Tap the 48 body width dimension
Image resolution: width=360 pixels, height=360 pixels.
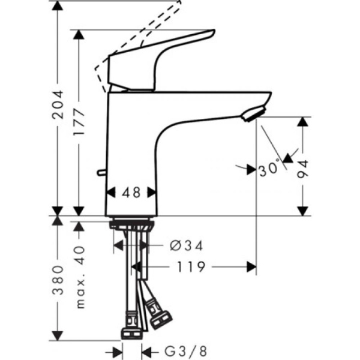[131, 193]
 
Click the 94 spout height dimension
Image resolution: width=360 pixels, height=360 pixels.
[304, 168]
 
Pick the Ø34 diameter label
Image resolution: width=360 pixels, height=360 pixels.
[187, 245]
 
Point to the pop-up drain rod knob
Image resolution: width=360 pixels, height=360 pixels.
[101, 173]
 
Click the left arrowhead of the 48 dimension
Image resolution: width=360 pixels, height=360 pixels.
[110, 193]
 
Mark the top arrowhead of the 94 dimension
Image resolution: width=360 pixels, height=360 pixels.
[304, 122]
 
